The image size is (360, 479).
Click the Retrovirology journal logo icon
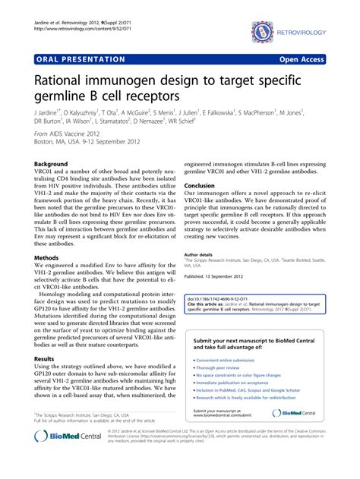(x=261, y=31)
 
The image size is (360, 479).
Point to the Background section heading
(x=52, y=164)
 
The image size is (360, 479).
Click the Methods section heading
(x=47, y=257)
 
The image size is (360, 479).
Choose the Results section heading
(x=45, y=358)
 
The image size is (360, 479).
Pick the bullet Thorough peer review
(x=221, y=368)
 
